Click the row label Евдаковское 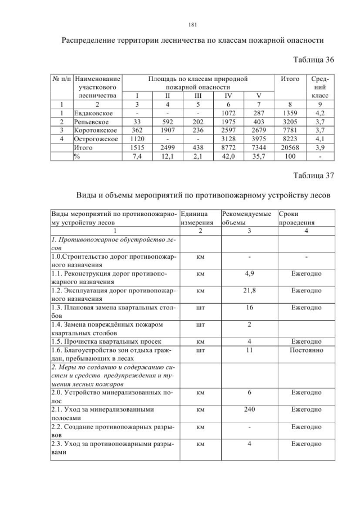pos(93,112)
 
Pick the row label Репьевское pos(91,121)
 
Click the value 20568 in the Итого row pos(290,147)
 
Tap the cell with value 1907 pos(167,130)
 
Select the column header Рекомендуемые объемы pos(247,218)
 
